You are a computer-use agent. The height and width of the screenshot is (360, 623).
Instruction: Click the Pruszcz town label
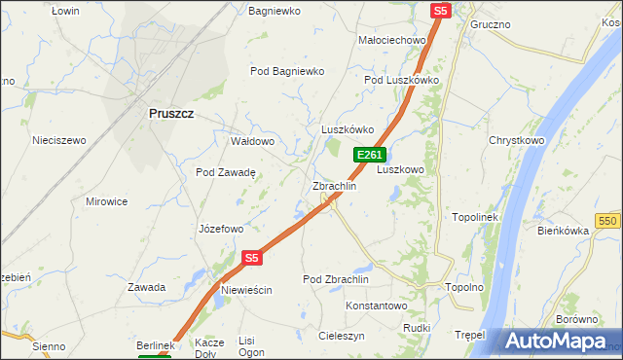171,113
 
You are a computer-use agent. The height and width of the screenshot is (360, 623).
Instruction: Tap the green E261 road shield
369,155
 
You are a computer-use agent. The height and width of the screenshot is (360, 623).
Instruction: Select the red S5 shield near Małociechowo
441,10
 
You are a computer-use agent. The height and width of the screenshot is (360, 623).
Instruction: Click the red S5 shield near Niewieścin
252,258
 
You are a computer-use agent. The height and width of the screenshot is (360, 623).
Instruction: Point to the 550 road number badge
609,222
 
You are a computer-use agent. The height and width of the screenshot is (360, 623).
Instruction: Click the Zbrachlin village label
334,186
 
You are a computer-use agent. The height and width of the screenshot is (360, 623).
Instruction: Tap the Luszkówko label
348,129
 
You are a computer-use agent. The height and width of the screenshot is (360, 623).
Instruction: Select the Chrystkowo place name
516,140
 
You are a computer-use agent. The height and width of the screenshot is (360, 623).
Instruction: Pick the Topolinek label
475,217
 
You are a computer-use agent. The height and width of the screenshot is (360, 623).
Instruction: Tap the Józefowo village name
220,230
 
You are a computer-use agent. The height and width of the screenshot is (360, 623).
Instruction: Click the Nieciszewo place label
59,140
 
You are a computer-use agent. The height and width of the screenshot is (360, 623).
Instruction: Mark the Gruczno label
491,23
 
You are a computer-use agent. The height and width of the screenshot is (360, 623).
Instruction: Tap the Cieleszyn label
342,335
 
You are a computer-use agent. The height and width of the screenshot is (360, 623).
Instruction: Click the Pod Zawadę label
225,172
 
